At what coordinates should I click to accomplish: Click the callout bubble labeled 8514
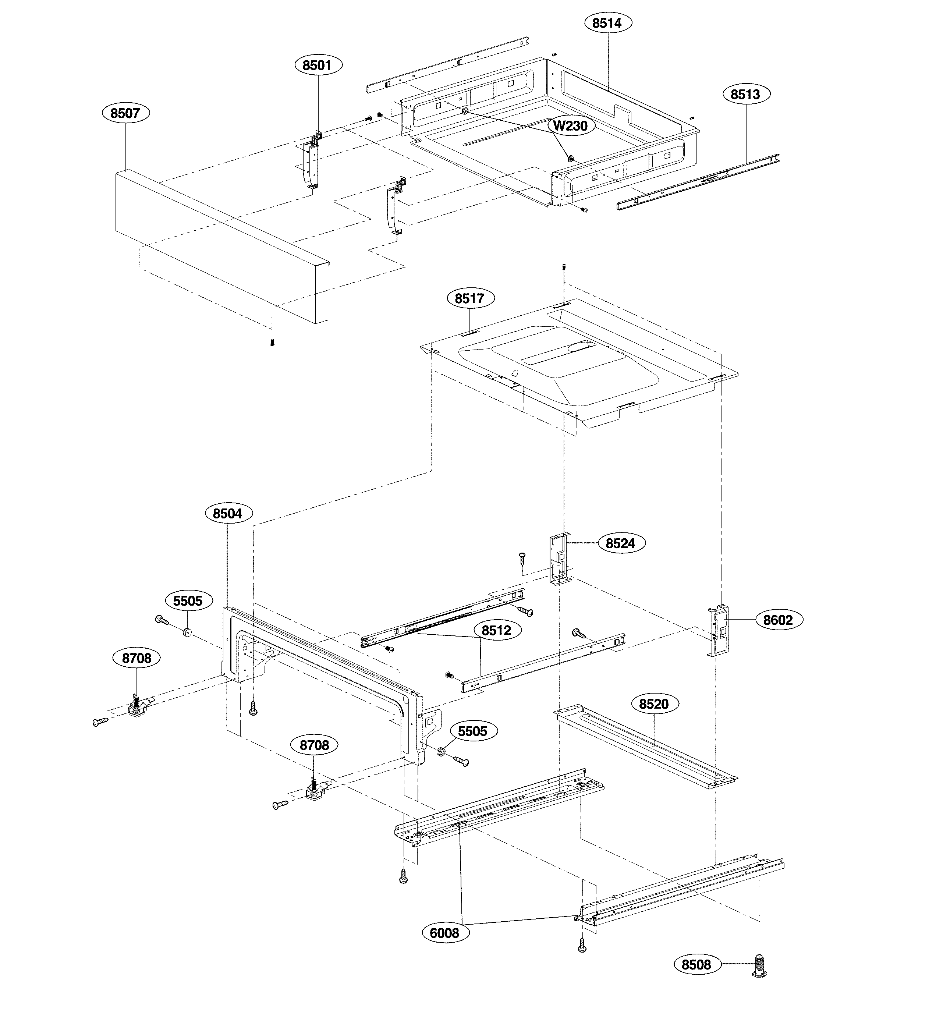[607, 23]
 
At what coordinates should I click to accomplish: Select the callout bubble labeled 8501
[319, 65]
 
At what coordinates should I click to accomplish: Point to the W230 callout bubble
[571, 125]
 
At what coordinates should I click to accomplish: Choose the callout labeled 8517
[471, 298]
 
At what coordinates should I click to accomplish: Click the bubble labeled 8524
[620, 543]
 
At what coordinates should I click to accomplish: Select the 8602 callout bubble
[778, 620]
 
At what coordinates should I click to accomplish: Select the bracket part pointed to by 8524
[559, 559]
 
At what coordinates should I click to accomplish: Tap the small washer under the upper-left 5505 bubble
[188, 633]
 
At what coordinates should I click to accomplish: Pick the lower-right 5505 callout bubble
[472, 731]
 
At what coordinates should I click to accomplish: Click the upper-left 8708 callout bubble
[136, 658]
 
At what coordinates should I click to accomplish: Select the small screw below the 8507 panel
[272, 343]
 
